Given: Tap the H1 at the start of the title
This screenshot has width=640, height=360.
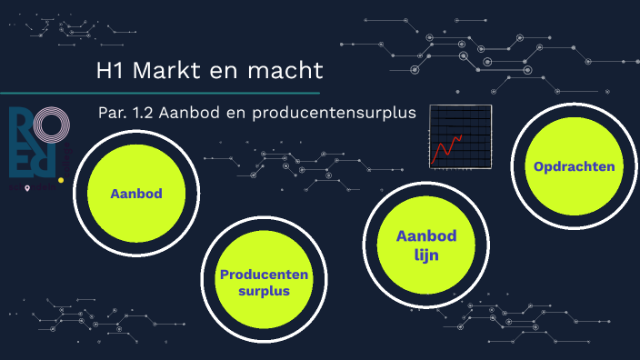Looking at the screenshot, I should pos(110,70).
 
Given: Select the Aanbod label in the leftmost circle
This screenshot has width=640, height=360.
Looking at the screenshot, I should pos(135,195).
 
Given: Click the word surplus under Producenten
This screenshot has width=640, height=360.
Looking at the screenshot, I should pos(264,291).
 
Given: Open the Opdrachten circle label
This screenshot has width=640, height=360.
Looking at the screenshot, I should pos(575,166).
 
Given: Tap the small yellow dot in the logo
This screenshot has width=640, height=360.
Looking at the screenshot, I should pos(60,180).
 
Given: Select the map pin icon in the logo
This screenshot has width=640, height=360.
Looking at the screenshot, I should pos(28,188).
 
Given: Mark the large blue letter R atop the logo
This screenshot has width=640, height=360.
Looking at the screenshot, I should pos(21,126).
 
